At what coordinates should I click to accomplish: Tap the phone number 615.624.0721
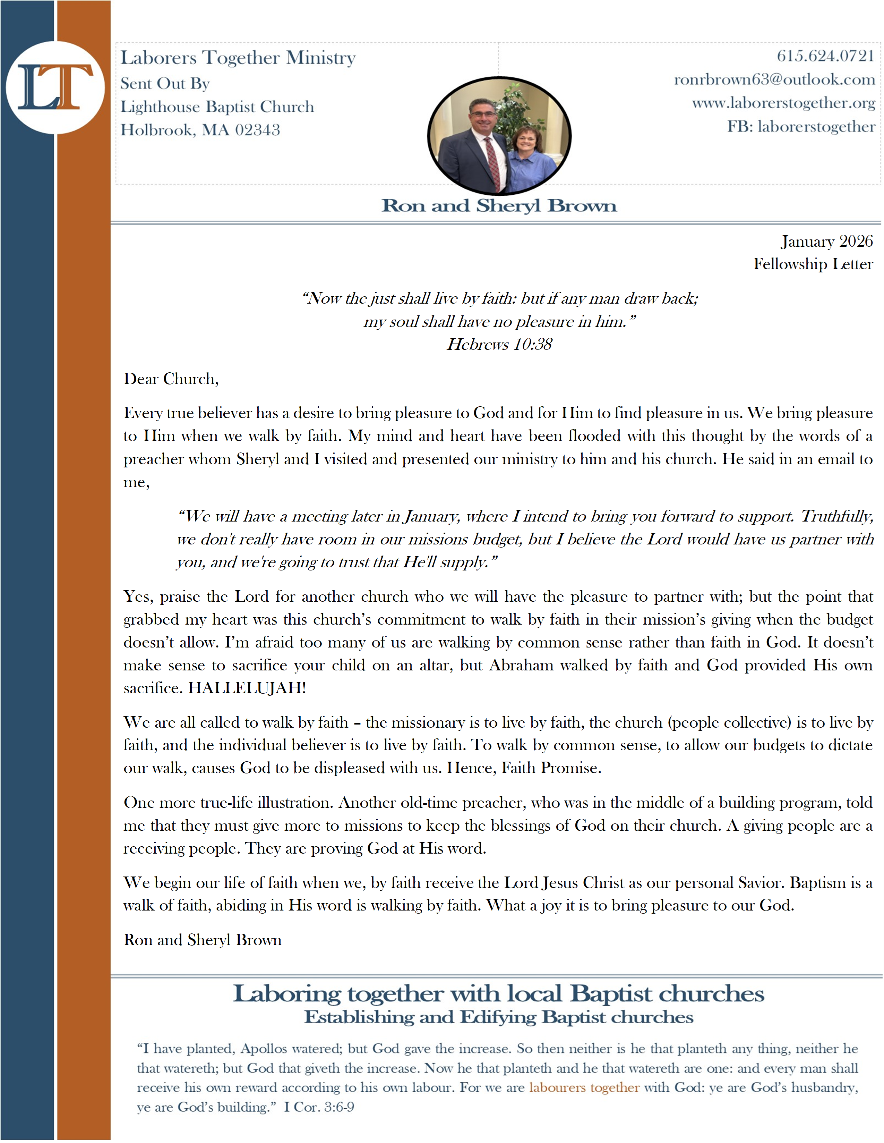click(825, 56)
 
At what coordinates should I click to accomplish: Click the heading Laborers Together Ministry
click(238, 58)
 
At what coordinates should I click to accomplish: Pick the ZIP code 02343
click(257, 130)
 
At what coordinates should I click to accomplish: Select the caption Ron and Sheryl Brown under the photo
click(499, 206)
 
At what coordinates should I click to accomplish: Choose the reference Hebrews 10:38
click(499, 344)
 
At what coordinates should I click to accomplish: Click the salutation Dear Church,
click(171, 379)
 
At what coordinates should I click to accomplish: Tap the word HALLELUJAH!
click(247, 688)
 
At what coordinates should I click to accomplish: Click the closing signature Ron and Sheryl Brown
click(203, 940)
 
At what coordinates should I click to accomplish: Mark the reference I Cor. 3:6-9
click(319, 1107)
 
